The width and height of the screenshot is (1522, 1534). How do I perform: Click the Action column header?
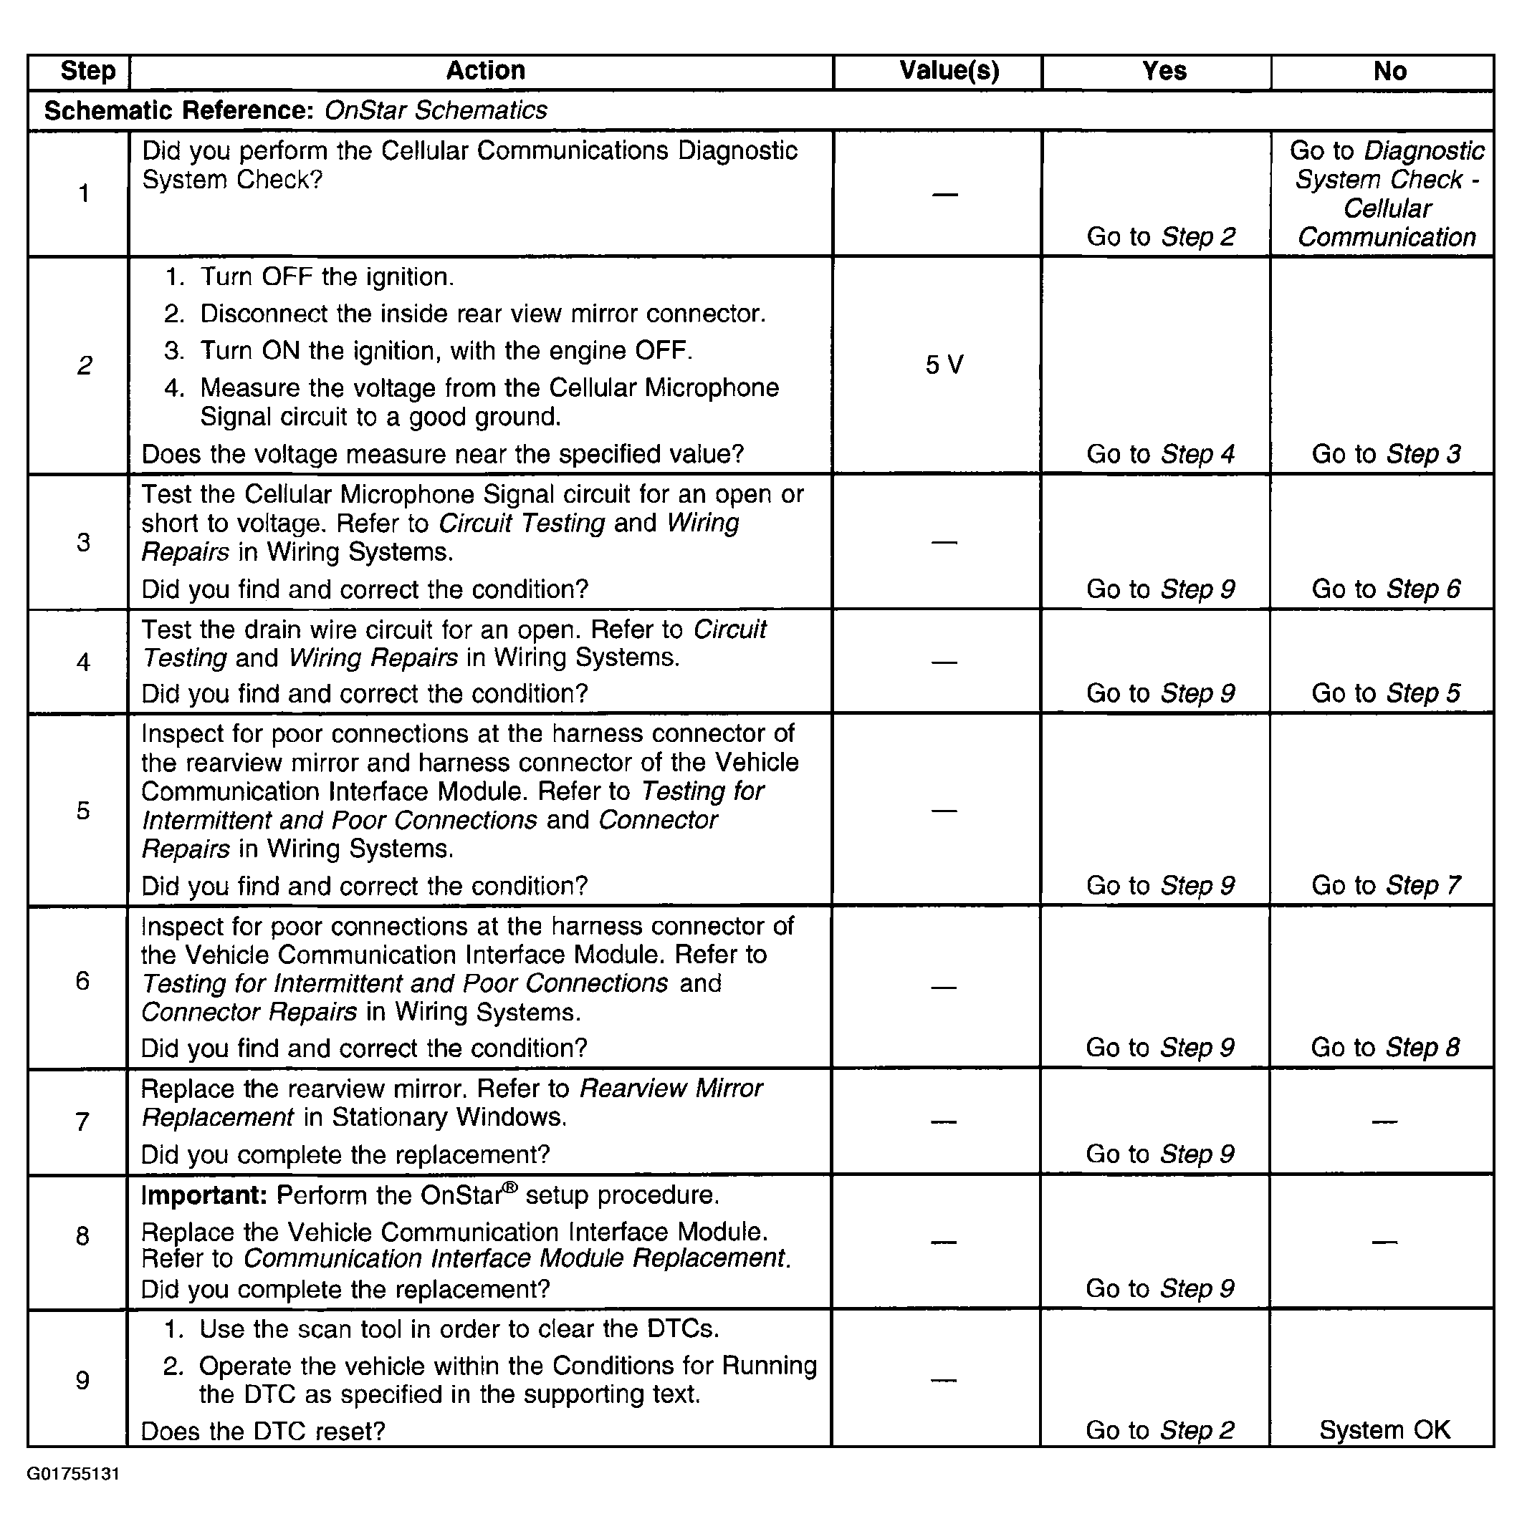[x=485, y=71]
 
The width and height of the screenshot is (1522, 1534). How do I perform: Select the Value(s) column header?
[x=949, y=71]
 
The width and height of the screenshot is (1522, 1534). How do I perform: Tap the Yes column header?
[x=1164, y=72]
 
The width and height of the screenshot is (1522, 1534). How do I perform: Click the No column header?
[x=1389, y=72]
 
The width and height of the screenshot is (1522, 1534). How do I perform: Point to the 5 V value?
[x=944, y=365]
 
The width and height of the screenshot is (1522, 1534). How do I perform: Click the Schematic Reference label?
[x=178, y=110]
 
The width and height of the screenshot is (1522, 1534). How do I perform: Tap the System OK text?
[x=1384, y=1430]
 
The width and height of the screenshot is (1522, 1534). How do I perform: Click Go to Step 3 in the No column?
[x=1386, y=454]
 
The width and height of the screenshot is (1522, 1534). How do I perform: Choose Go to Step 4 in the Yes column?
[x=1161, y=454]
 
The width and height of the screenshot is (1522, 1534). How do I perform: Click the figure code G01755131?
[x=73, y=1475]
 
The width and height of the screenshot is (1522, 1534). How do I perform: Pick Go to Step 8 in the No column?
[x=1385, y=1047]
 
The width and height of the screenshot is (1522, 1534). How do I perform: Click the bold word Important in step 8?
[x=204, y=1196]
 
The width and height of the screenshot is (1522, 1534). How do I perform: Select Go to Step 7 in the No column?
[x=1386, y=885]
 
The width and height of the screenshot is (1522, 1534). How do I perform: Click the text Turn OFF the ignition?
[x=327, y=277]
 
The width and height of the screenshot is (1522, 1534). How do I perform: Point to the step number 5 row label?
[x=83, y=811]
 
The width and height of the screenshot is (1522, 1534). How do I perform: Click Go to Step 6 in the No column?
[x=1386, y=589]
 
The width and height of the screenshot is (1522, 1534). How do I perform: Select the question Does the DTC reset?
[x=263, y=1432]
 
